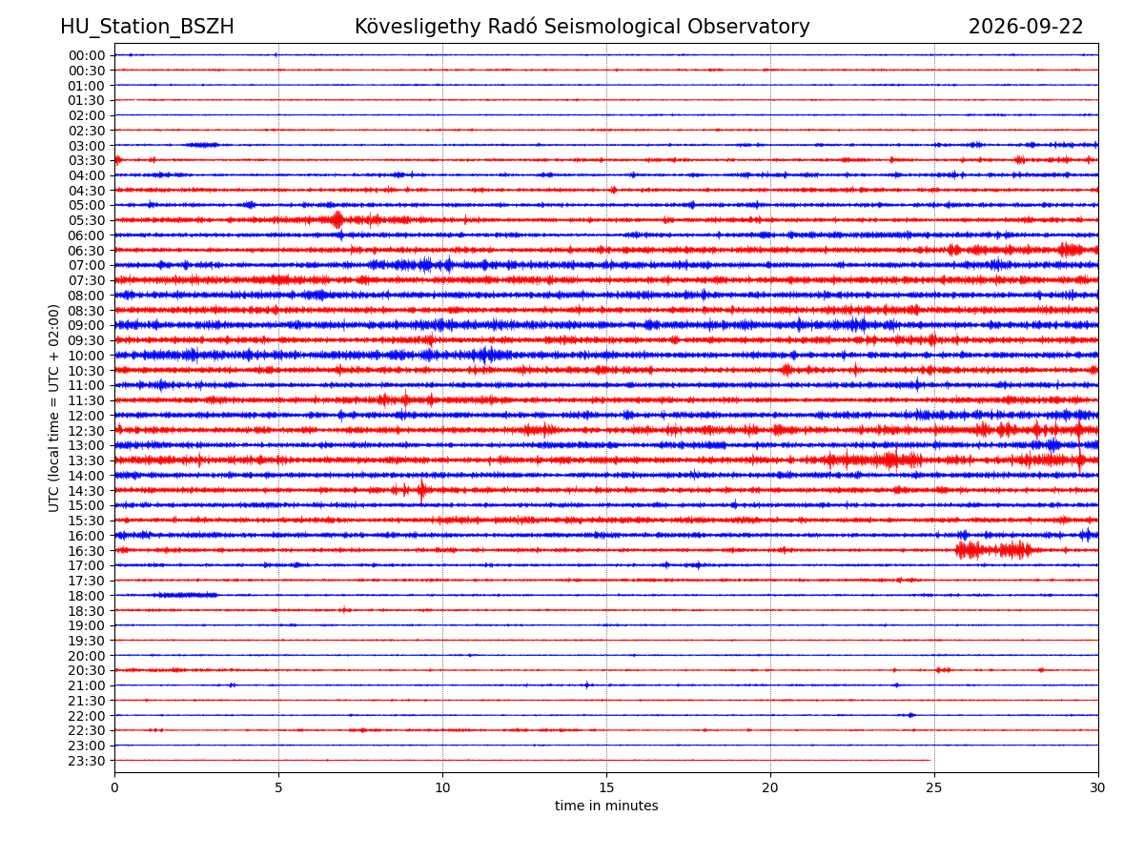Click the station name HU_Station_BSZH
(x=147, y=27)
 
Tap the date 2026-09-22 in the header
(x=1025, y=27)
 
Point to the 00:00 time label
(x=87, y=55)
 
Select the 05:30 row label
(x=87, y=220)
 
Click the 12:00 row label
(x=87, y=416)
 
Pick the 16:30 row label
(x=87, y=551)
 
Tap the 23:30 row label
(x=87, y=761)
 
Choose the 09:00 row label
(x=87, y=326)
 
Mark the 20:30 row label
(x=87, y=670)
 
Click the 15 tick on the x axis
(x=606, y=787)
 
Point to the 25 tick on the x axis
(x=934, y=787)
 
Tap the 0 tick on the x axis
(x=114, y=787)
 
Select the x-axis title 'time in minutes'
(x=606, y=806)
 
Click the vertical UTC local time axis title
(x=53, y=408)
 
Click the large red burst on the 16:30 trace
(x=992, y=550)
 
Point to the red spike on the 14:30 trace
(x=421, y=490)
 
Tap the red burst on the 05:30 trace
(x=338, y=220)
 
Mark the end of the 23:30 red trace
(x=930, y=760)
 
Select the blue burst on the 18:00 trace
(x=188, y=595)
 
